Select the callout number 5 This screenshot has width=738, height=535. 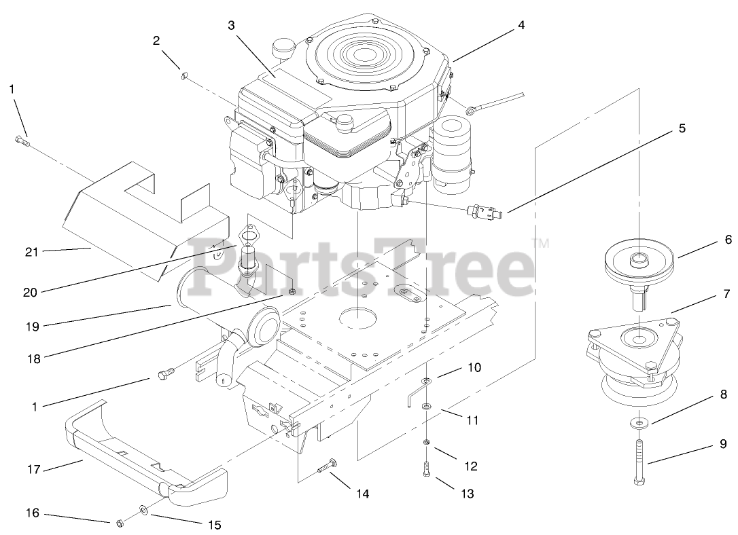point(682,128)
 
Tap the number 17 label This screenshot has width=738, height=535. point(34,469)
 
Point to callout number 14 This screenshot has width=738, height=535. point(362,494)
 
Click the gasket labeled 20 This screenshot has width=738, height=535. point(250,236)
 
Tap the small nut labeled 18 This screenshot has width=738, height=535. point(292,292)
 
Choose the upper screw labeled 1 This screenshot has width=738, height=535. point(20,141)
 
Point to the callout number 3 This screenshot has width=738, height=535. point(231,25)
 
